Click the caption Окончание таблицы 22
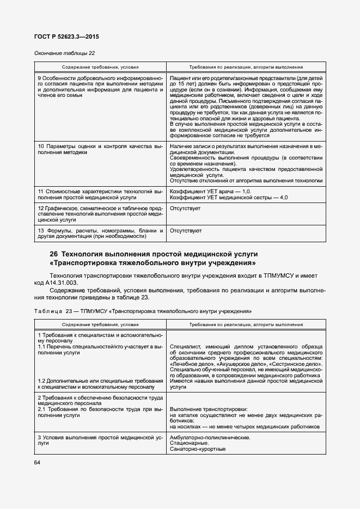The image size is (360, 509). (x=65, y=53)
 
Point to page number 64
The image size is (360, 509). (x=38, y=463)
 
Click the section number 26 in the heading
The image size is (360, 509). (x=53, y=254)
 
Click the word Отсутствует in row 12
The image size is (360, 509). (x=185, y=208)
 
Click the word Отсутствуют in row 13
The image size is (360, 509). (x=186, y=231)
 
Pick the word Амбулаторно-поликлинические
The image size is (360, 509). (x=210, y=437)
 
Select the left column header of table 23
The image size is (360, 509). (x=100, y=324)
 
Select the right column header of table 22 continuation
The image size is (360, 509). (x=246, y=68)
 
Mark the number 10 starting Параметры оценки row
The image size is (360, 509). (x=41, y=147)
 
